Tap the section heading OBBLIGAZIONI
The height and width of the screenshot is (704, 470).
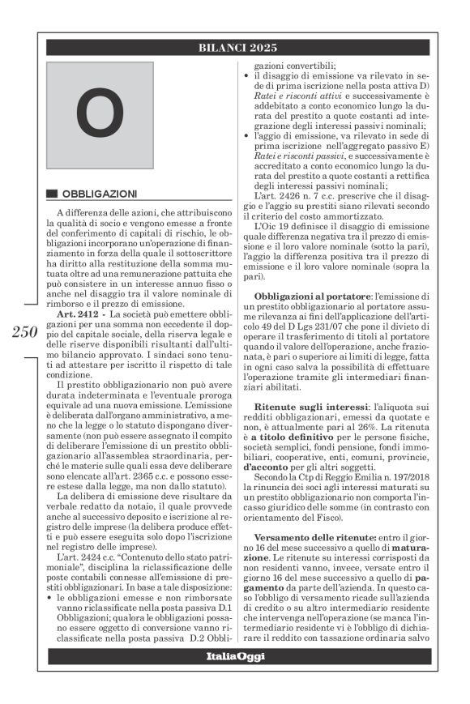(x=100, y=194)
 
